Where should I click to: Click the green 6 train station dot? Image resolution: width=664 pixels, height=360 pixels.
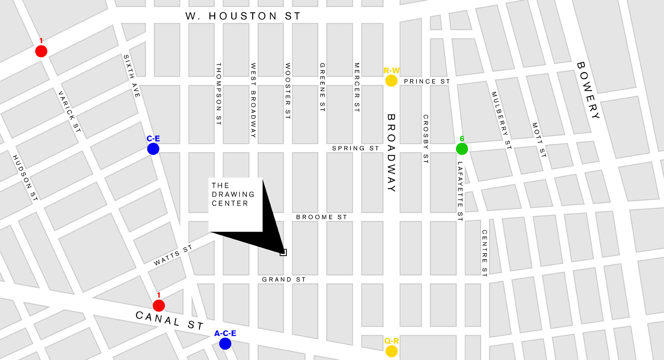point(462,149)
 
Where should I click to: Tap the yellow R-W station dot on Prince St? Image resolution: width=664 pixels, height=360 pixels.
point(391,81)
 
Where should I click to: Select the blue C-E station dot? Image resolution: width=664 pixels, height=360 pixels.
point(153,149)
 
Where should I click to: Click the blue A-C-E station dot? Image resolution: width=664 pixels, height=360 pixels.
point(225,344)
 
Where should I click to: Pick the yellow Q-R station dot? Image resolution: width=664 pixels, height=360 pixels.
point(391,351)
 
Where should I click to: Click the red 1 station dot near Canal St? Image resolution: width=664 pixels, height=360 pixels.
point(159,306)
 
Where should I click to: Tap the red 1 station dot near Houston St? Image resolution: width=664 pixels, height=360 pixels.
point(41,51)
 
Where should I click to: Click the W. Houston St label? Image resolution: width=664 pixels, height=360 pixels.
point(243,16)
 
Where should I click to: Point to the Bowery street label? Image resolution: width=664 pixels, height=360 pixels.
point(588,90)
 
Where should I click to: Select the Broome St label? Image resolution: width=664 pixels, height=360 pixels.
point(321,217)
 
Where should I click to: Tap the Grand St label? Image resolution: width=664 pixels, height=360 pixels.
point(284,280)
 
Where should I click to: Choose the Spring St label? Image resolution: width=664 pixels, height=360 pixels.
point(355,148)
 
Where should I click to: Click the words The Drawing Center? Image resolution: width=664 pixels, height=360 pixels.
point(233,194)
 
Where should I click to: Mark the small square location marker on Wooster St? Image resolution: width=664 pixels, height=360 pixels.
point(283,252)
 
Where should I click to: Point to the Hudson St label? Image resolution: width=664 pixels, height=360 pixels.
point(25,178)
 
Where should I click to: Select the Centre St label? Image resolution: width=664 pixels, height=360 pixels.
point(484,253)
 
